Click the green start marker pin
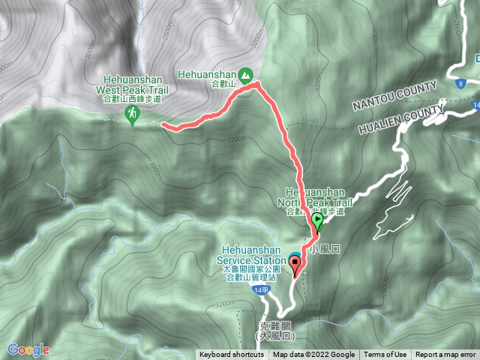click(317, 221)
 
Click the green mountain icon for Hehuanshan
click(245, 74)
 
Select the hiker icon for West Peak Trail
click(132, 113)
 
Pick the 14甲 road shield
click(260, 289)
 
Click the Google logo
click(28, 349)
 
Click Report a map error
click(445, 355)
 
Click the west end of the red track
click(164, 126)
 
